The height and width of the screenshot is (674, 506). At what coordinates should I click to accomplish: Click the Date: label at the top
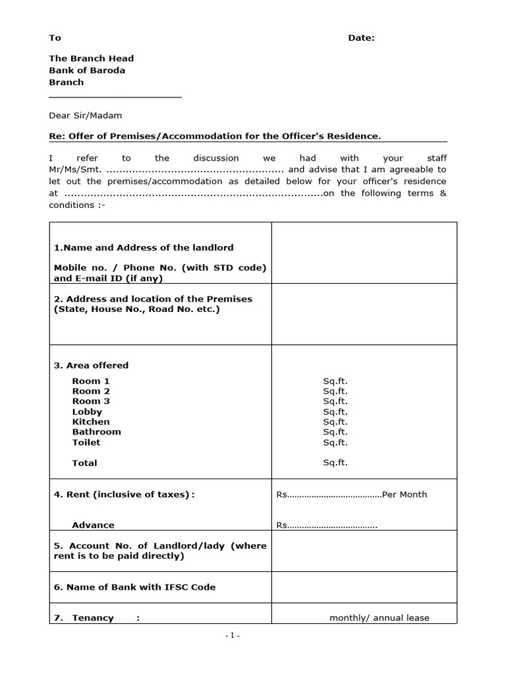[361, 38]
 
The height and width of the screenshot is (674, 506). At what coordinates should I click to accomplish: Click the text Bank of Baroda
[87, 70]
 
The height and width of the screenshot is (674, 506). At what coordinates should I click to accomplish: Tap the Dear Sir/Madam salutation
[86, 116]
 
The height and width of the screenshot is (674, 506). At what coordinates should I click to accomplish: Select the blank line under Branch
[115, 96]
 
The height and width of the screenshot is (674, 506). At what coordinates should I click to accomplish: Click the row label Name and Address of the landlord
[144, 248]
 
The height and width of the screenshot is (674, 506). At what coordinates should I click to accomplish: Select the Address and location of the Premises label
[153, 299]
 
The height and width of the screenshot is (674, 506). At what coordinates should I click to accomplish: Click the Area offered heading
[91, 365]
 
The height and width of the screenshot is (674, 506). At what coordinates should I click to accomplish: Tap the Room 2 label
[91, 391]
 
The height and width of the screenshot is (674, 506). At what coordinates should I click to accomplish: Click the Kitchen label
[91, 422]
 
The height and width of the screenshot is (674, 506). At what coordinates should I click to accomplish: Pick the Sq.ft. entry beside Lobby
[335, 411]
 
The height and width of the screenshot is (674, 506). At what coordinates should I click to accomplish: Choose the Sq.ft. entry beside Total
[335, 463]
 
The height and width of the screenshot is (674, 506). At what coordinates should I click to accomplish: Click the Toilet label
[86, 442]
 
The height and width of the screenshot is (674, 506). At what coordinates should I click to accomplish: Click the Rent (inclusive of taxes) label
[124, 494]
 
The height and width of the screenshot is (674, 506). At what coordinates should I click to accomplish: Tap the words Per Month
[405, 494]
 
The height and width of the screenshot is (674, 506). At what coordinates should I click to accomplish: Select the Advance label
[93, 525]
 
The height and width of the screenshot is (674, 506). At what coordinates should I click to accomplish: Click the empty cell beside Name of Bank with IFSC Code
[364, 587]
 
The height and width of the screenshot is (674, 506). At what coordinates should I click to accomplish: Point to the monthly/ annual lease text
[379, 618]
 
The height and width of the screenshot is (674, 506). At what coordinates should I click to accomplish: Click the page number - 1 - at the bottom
[232, 636]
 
